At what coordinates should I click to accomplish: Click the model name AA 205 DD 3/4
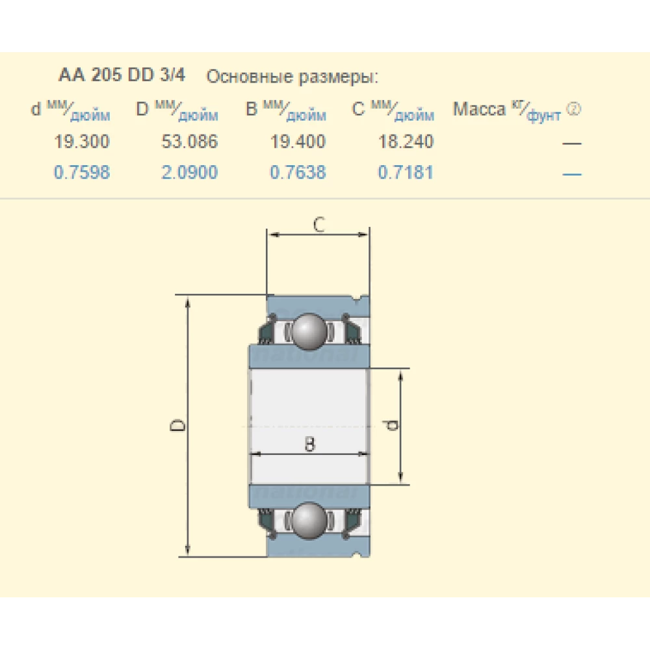tap(122, 75)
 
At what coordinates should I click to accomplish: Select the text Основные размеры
tap(292, 77)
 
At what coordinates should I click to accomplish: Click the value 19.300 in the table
tap(82, 141)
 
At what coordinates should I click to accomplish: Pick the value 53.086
tap(190, 141)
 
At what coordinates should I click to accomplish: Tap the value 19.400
tap(298, 141)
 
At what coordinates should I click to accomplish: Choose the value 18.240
tap(406, 141)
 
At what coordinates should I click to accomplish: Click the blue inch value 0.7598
tap(82, 172)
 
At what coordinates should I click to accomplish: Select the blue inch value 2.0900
tap(190, 172)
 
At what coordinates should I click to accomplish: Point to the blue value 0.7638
tap(298, 172)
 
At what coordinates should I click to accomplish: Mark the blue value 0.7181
tap(406, 172)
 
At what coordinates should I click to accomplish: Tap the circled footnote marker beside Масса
tap(573, 109)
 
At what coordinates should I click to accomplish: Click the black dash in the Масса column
tap(572, 143)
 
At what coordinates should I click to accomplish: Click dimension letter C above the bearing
tap(318, 225)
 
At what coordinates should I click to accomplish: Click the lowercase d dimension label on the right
tap(391, 426)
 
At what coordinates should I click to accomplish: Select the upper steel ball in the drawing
tap(308, 331)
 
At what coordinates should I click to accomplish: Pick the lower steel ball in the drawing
tap(308, 520)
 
